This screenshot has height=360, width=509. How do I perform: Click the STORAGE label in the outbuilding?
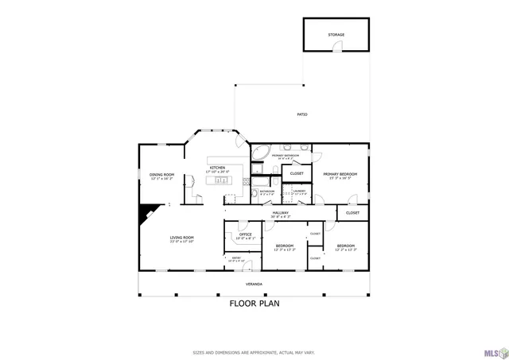coord(336,35)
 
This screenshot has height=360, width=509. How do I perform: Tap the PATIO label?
coord(302,115)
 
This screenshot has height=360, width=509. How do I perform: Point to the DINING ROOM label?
coord(161,176)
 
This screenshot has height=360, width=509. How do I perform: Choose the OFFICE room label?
coord(246,236)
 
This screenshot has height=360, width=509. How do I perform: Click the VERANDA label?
coord(253,284)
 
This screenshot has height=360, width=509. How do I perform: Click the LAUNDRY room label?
coord(299,192)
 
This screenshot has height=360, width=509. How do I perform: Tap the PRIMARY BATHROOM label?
coord(286,157)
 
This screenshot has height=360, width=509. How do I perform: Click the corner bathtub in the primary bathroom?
coord(260,152)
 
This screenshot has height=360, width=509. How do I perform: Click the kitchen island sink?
coord(223,180)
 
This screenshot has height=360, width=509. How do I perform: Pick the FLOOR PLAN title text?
coord(254,303)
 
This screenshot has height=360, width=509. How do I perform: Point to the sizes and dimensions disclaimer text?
coord(254,352)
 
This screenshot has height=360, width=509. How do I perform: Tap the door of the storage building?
coord(337,48)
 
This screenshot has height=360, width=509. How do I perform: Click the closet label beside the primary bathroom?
coord(297,173)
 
